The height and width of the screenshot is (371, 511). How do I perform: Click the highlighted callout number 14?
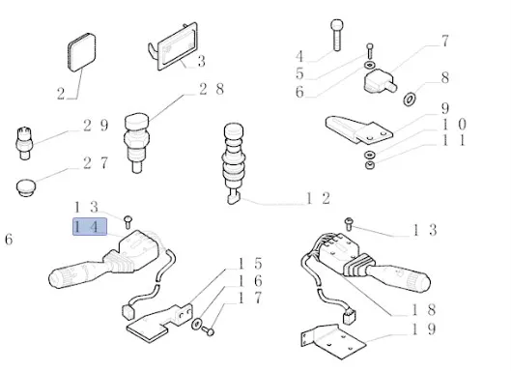point(89,226)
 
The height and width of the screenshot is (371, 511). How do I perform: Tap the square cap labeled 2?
point(82,52)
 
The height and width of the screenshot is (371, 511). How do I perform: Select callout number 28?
point(212,89)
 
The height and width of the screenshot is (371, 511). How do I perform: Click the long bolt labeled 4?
point(337,35)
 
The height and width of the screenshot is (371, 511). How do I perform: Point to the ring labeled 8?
point(410,99)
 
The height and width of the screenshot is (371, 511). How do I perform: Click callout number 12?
point(318,198)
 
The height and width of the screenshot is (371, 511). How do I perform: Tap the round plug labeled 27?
point(26,187)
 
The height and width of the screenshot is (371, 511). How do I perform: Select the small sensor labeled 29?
point(24,143)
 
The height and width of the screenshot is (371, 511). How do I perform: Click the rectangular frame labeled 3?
point(173,45)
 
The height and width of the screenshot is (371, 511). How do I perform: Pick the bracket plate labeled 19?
point(333,342)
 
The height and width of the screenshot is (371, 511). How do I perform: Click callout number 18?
point(423,309)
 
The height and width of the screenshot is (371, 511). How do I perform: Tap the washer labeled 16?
point(197,324)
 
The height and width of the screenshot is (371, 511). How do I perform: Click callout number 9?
point(445,108)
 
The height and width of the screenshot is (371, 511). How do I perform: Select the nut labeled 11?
point(370,165)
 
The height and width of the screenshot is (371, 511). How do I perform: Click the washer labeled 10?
point(370,155)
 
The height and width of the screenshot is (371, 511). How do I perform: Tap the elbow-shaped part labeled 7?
point(380,81)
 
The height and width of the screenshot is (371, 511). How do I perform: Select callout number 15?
point(250,264)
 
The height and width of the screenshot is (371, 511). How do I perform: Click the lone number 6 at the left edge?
point(9,240)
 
